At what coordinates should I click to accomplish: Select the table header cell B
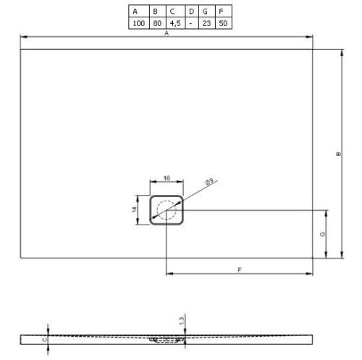[x=155, y=12]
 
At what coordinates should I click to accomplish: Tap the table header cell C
[x=172, y=12]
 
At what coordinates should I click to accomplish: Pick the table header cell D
[x=190, y=12]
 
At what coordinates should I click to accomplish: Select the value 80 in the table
[x=155, y=23]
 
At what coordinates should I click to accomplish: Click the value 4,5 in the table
[x=172, y=23]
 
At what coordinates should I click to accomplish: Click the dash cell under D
[x=190, y=23]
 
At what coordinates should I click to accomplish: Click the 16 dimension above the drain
[x=167, y=177]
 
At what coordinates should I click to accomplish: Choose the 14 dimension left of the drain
[x=135, y=209]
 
